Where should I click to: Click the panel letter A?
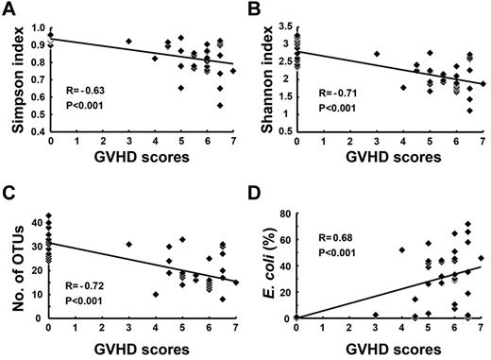point(10,10)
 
